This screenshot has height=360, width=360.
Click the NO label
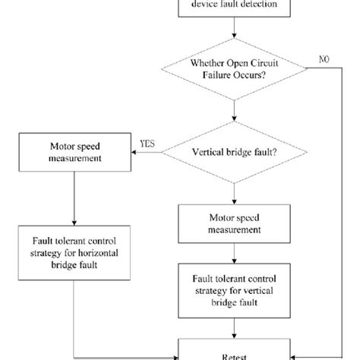[x=324, y=58]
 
